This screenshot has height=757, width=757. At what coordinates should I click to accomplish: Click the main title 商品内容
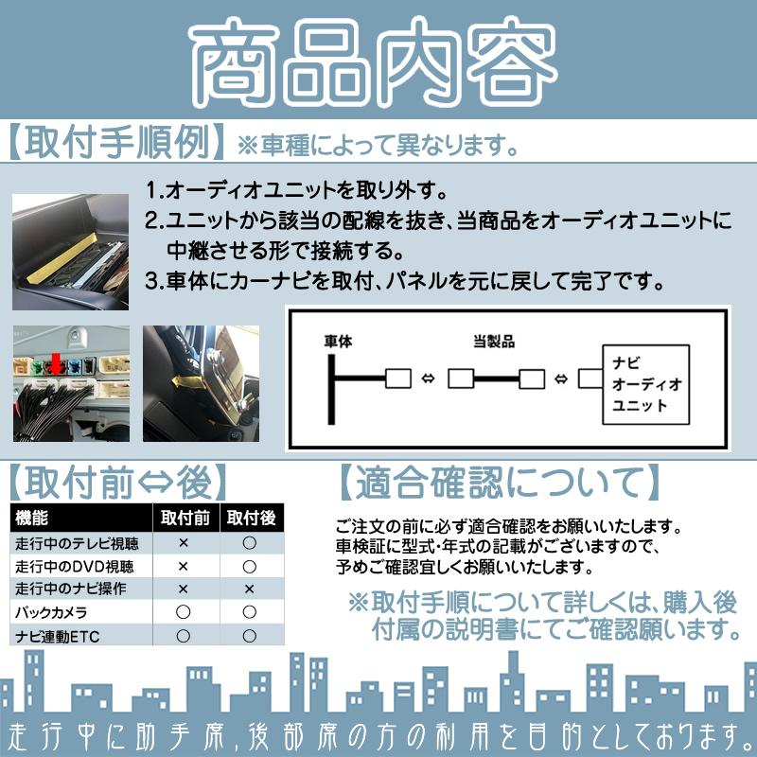[x=378, y=64]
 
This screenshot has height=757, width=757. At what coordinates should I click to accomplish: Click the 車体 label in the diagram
[x=338, y=342]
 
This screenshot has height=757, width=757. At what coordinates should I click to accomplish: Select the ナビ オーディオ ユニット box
[x=647, y=383]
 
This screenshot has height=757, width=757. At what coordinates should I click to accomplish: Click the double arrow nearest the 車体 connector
[x=428, y=379]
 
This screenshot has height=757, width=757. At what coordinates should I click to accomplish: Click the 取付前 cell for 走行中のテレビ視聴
[x=184, y=543]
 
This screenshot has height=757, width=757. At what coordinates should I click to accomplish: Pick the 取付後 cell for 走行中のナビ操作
[x=250, y=589]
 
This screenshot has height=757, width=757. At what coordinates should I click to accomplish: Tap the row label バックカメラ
[x=48, y=612]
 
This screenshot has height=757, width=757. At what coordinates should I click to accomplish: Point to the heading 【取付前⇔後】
[x=119, y=482]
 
